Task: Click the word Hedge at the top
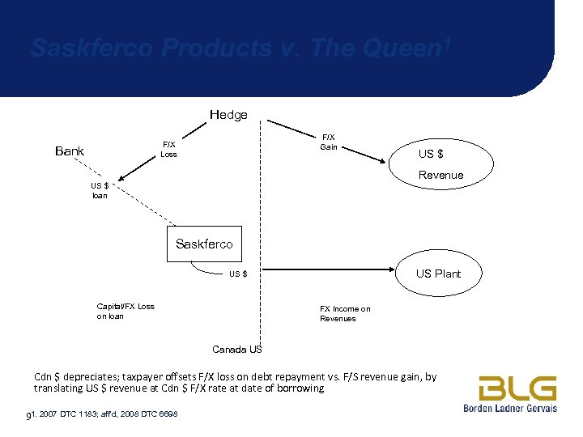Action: [228, 115]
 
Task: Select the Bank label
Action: [70, 151]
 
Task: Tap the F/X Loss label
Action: [168, 149]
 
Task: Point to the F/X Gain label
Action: [329, 142]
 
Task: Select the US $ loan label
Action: [99, 190]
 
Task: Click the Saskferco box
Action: [204, 244]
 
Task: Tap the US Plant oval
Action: [438, 274]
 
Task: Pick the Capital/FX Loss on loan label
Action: [126, 311]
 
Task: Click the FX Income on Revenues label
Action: [345, 313]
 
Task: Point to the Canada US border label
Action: [236, 350]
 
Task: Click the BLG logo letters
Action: [517, 388]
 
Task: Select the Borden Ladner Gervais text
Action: [510, 408]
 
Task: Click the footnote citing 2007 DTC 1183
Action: [102, 415]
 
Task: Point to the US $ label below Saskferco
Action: [238, 274]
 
